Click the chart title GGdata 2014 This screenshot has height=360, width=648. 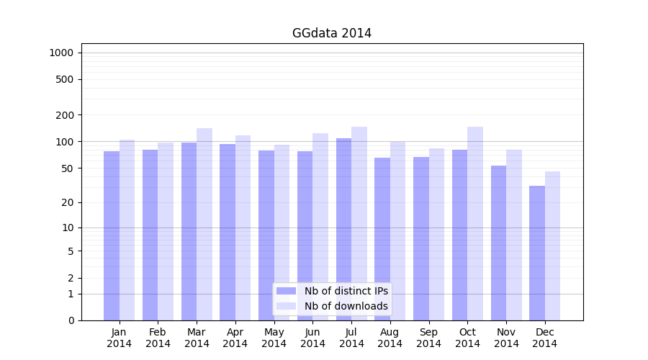[332, 33]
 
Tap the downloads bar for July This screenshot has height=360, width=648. [359, 223]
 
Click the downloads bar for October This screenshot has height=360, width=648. [475, 223]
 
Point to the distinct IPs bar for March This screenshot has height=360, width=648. [189, 231]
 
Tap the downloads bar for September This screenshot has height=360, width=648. [436, 234]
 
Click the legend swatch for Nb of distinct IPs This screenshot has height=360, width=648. [286, 291]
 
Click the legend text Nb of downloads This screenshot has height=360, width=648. [346, 306]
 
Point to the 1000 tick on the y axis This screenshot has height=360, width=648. [61, 53]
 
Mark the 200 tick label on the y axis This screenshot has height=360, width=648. [65, 115]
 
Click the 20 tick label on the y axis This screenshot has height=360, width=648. [68, 202]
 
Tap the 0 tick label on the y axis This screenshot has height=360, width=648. [71, 320]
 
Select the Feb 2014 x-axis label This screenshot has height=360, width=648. [158, 338]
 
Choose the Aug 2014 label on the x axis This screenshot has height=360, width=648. [390, 338]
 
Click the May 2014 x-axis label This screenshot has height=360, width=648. [274, 338]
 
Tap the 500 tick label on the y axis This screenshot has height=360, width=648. [65, 79]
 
